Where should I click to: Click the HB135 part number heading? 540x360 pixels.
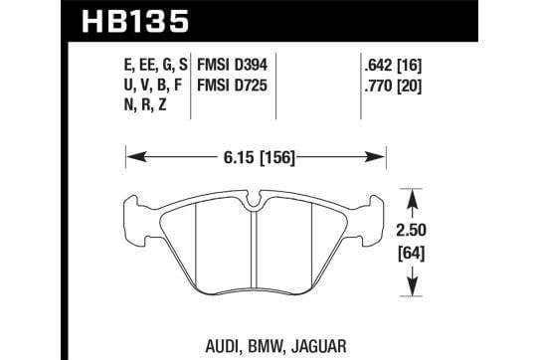tap(135, 21)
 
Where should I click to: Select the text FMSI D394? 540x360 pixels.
tap(232, 65)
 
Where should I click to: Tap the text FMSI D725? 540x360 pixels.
tap(232, 86)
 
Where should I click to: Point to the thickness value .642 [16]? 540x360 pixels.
tap(393, 65)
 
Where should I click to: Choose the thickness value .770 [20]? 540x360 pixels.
tap(393, 86)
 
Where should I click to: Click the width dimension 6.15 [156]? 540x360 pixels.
tap(260, 158)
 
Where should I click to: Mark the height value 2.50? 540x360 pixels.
tap(411, 230)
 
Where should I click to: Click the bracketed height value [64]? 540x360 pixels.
tap(412, 255)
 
